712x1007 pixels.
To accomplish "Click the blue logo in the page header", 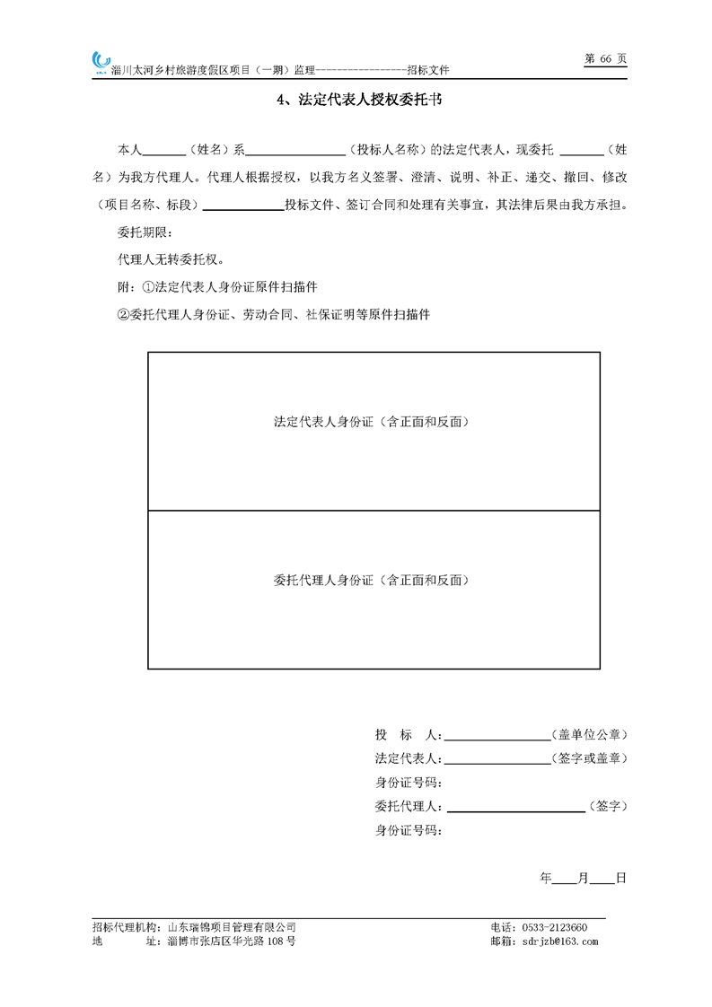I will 100,62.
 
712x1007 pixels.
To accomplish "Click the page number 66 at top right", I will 604,58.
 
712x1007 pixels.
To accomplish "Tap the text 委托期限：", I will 143,232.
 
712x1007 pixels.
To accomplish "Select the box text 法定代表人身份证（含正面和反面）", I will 373,421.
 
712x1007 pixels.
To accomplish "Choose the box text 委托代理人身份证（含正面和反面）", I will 373,581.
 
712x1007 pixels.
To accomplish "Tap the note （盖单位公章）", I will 590,734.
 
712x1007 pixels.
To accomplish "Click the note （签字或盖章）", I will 590,758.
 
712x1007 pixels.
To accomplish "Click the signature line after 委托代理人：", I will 514,807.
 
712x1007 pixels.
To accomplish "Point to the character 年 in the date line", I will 546,878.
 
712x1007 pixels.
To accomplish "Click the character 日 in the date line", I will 620,878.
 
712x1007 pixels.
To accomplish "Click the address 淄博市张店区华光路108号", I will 231,941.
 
